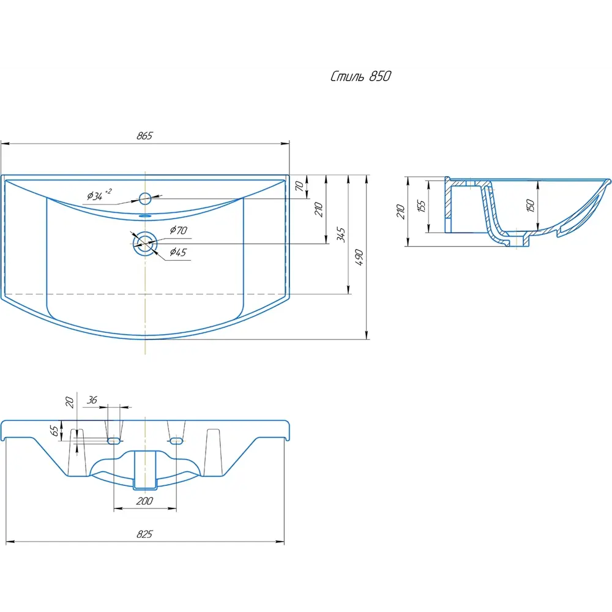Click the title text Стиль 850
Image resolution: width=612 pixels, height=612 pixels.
(x=360, y=76)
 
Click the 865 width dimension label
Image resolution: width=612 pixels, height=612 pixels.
(x=144, y=136)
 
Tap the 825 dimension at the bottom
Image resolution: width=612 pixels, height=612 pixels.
(x=144, y=534)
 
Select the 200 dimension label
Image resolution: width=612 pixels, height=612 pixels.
(x=144, y=501)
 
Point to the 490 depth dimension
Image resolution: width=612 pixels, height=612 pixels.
(x=359, y=257)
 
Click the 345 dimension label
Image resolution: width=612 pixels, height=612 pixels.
(x=341, y=235)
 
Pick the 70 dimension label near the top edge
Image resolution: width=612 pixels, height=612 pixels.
(x=299, y=186)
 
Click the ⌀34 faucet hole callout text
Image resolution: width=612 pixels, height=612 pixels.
(x=99, y=194)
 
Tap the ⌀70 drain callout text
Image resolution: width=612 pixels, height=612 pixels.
(x=178, y=230)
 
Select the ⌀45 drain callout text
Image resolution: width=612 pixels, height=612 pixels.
(x=178, y=252)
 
